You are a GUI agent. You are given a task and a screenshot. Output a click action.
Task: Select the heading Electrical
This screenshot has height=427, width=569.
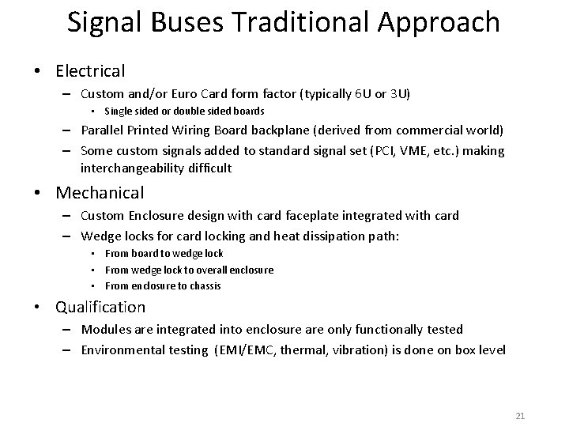[90, 70]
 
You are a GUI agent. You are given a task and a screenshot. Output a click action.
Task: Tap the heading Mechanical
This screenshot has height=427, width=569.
[100, 192]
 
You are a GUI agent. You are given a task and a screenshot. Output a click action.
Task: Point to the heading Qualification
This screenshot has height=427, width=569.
[100, 306]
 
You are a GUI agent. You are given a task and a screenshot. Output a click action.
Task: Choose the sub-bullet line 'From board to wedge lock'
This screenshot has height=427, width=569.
[164, 253]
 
